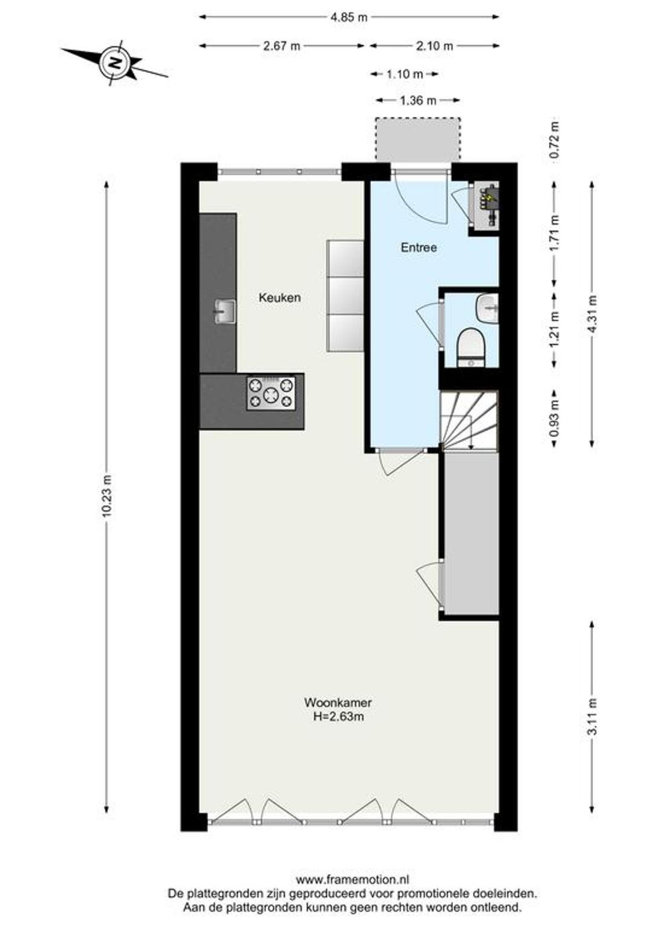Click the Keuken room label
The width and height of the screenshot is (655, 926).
tap(279, 297)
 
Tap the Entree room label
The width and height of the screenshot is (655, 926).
tap(418, 248)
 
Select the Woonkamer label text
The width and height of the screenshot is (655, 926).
tap(338, 703)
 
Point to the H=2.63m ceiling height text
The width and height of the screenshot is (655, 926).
tap(338, 716)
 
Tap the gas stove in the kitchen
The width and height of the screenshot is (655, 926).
tap(271, 393)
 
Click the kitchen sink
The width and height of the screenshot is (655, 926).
tap(224, 312)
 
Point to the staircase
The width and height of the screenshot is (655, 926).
tap(469, 421)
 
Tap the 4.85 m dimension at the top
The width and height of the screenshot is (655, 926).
tap(349, 17)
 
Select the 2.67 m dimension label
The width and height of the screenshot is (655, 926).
tap(281, 46)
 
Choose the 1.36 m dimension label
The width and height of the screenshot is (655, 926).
tap(418, 101)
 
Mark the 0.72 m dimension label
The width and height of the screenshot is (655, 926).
tap(555, 139)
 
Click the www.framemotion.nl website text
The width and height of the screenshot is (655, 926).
tap(353, 879)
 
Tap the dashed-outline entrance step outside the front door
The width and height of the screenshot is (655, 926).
tap(418, 139)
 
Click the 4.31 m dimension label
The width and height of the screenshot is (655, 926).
tap(593, 314)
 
